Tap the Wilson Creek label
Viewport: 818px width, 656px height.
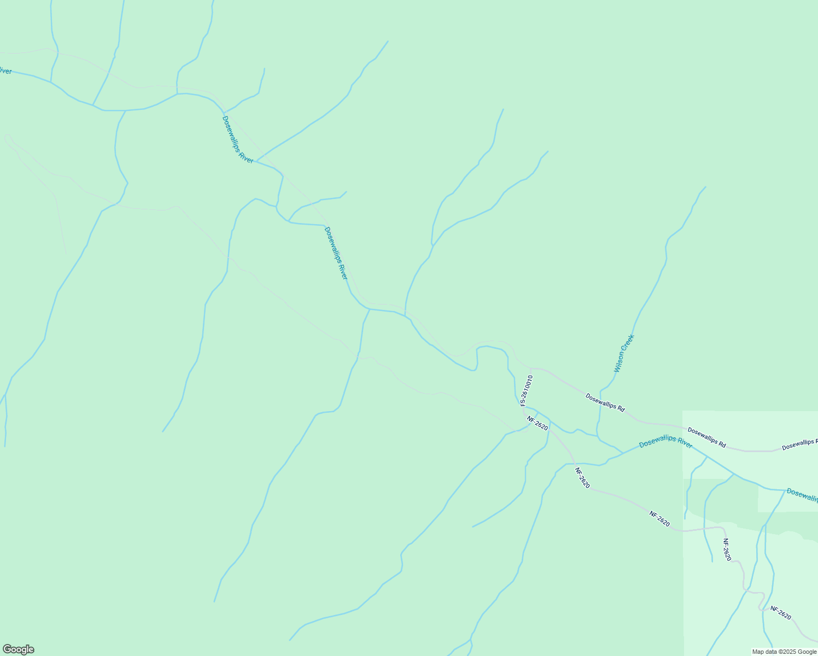point(623,354)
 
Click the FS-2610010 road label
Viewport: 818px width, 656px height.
point(526,390)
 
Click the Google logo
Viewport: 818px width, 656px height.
point(18,649)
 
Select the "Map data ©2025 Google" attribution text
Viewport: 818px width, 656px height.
point(784,652)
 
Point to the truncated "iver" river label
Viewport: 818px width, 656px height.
point(5,71)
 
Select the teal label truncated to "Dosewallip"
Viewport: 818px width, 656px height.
point(802,495)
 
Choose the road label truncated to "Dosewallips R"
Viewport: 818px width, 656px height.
point(799,444)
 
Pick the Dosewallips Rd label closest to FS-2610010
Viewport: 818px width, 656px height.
point(605,402)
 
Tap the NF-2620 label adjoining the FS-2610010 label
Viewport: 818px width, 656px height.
point(537,423)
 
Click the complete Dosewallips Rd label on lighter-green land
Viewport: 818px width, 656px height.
point(706,438)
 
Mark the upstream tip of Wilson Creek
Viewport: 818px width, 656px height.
point(705,187)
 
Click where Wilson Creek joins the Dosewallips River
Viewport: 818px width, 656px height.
point(622,453)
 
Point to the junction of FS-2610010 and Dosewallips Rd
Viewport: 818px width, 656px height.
point(531,368)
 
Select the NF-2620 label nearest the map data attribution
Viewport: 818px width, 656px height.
point(781,613)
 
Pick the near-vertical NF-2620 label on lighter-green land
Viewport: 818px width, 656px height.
point(727,550)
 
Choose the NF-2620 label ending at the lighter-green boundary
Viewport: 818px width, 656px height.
point(659,519)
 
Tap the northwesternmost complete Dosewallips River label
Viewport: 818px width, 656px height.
point(238,139)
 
